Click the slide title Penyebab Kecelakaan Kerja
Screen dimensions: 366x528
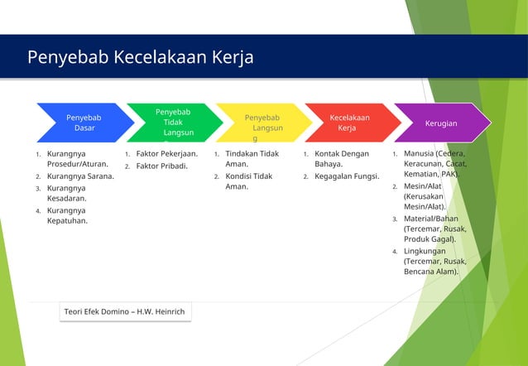(140, 57)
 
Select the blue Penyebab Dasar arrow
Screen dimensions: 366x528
(84, 123)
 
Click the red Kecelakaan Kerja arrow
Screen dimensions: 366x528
(352, 123)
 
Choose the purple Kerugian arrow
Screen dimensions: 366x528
(441, 123)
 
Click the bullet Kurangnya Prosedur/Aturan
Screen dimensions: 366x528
(77, 159)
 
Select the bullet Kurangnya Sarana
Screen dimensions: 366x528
(80, 176)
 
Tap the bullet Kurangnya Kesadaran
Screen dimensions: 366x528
(70, 193)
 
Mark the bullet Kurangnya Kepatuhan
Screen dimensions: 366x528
(70, 215)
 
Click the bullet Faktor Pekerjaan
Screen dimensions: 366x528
(166, 154)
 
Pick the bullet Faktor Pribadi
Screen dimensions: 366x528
(161, 166)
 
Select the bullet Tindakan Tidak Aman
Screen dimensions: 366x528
(252, 159)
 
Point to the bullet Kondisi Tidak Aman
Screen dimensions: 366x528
(248, 181)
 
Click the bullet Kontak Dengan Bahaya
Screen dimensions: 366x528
(341, 159)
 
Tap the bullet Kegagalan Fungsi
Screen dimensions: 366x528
(346, 176)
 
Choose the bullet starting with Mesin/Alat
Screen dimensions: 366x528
(424, 196)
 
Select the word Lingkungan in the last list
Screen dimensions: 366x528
(425, 251)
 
